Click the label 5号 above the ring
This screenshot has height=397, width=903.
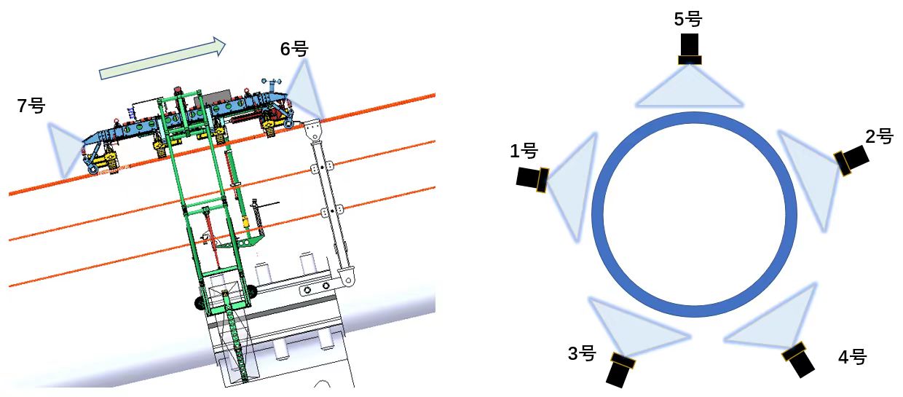(687, 19)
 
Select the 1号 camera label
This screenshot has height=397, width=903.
(524, 151)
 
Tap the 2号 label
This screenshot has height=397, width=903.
(879, 137)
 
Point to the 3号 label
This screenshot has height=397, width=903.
(582, 353)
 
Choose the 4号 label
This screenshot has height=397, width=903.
(852, 357)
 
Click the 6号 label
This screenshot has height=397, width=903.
(294, 50)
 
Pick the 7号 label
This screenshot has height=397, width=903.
(31, 106)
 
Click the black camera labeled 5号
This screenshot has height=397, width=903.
(690, 49)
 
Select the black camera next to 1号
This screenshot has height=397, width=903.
(532, 179)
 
